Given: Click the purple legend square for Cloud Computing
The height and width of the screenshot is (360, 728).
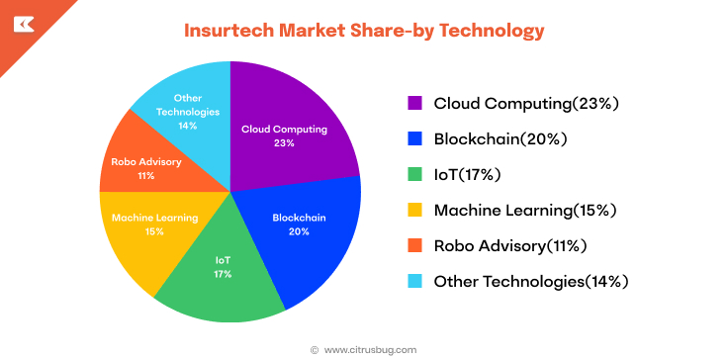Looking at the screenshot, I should pyautogui.click(x=415, y=103).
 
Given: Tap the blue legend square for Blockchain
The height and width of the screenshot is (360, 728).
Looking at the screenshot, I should pyautogui.click(x=415, y=138).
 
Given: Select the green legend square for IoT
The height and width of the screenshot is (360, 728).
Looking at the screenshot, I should pyautogui.click(x=415, y=174).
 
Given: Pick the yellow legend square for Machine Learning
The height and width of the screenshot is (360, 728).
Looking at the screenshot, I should pyautogui.click(x=415, y=210).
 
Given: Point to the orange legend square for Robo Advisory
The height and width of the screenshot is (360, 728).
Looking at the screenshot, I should pyautogui.click(x=415, y=245).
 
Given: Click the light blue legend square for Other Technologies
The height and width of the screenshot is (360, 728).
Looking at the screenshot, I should pyautogui.click(x=415, y=281).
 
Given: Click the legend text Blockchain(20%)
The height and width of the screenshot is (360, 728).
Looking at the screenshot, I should pyautogui.click(x=497, y=138).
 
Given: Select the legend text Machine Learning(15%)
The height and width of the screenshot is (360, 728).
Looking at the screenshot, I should pyautogui.click(x=525, y=210).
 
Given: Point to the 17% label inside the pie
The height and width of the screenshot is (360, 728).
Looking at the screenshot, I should pyautogui.click(x=224, y=273).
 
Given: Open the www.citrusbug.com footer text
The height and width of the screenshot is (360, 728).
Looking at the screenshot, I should pyautogui.click(x=370, y=349).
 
